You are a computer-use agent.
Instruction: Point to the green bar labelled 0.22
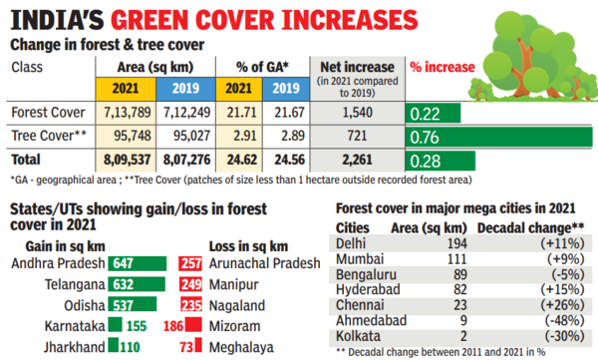pos(430,114)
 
